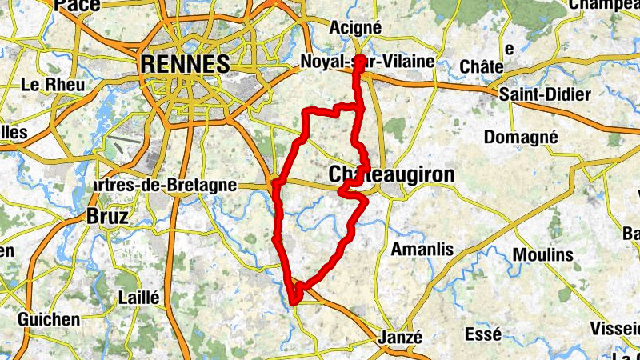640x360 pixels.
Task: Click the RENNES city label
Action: pyautogui.click(x=184, y=64)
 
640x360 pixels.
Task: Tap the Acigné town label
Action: pyautogui.click(x=356, y=27)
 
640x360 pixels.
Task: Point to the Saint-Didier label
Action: pyautogui.click(x=545, y=94)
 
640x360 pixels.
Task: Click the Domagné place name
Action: pyautogui.click(x=520, y=137)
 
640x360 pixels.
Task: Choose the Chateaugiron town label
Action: pyautogui.click(x=391, y=174)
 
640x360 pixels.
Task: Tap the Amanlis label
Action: pyautogui.click(x=422, y=250)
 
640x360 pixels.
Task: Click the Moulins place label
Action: pyautogui.click(x=543, y=254)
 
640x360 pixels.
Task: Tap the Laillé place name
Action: pyautogui.click(x=138, y=298)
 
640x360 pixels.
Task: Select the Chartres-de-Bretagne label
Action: pyautogui.click(x=164, y=185)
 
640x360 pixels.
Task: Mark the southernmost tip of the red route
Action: pyautogui.click(x=294, y=302)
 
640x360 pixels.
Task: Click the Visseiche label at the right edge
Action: pyautogui.click(x=615, y=328)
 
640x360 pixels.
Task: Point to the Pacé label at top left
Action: pyautogui.click(x=78, y=6)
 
